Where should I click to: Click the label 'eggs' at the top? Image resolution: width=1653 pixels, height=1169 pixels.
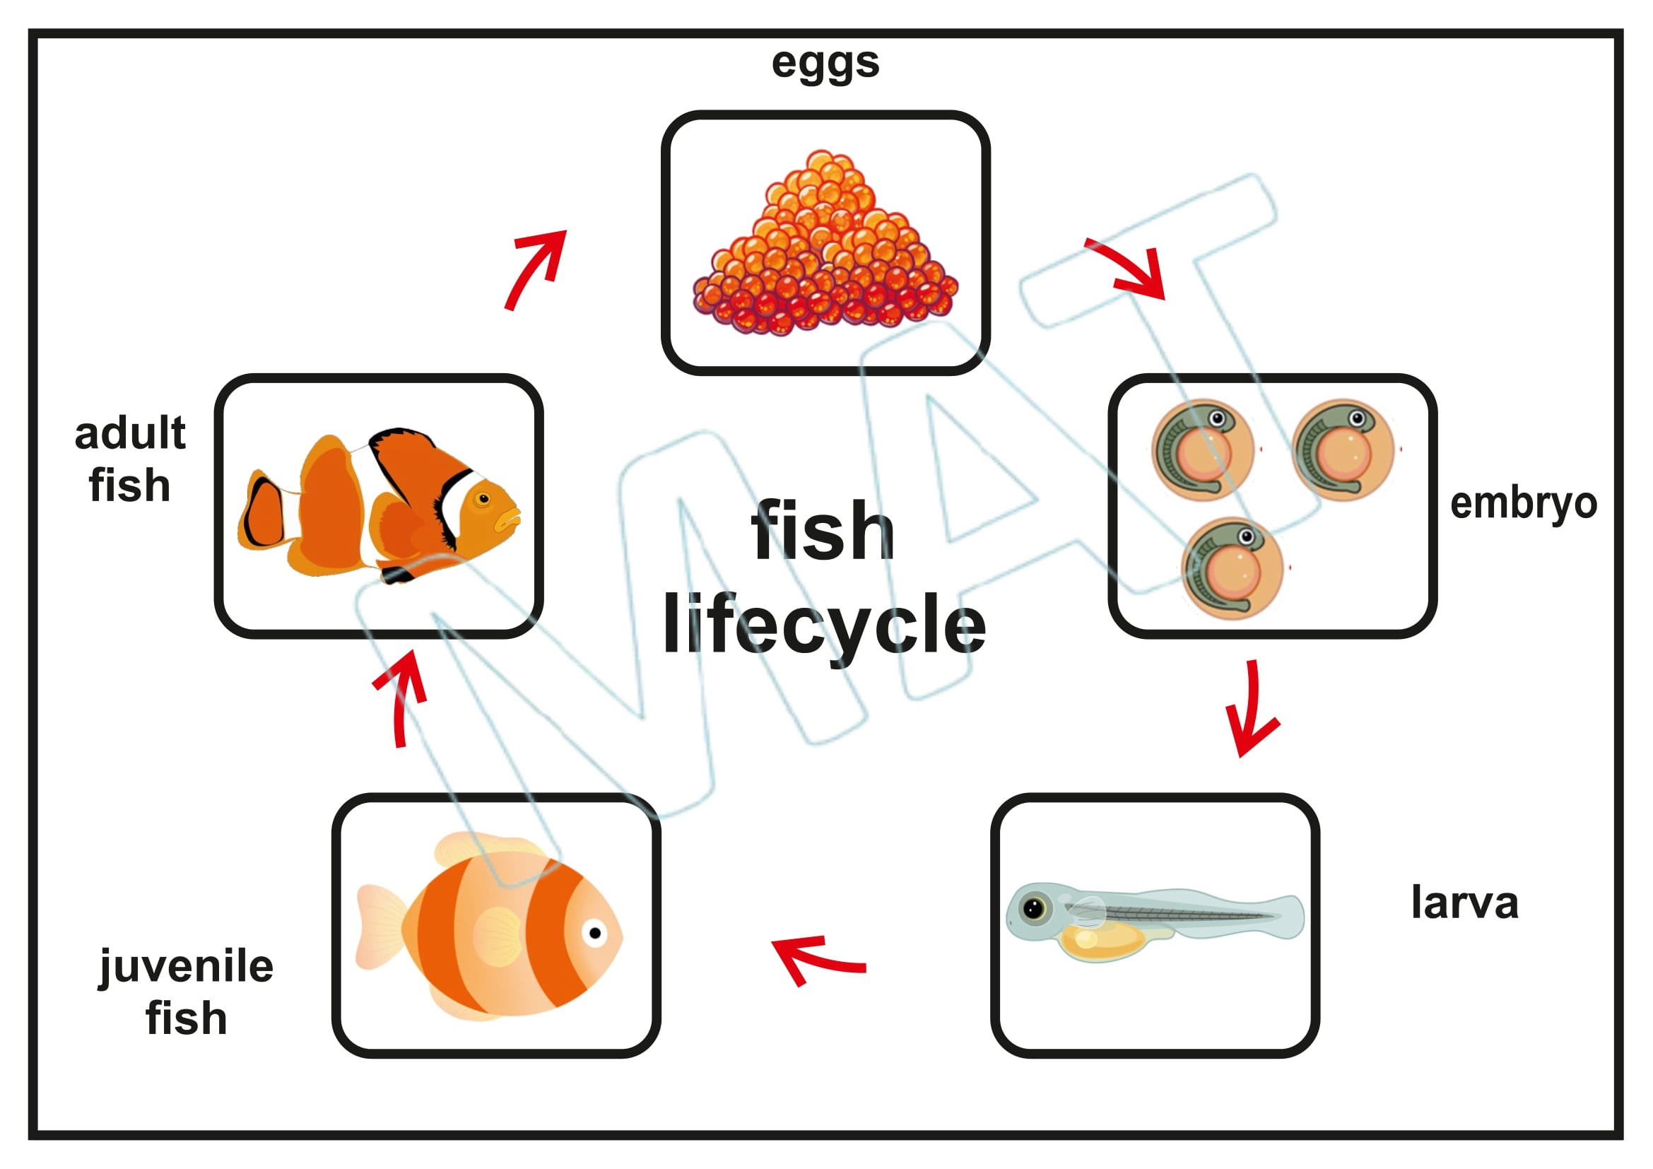point(825,64)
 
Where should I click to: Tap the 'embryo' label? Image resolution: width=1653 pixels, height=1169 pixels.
point(1523,504)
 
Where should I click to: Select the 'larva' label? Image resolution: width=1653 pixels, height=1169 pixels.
point(1464,903)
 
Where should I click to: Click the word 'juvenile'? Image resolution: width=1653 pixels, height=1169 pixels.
point(187,967)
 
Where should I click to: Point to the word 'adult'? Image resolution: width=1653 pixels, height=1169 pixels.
point(130,433)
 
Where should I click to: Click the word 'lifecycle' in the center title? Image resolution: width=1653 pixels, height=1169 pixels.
point(824,625)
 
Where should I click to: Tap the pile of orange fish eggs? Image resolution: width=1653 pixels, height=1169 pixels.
point(825,252)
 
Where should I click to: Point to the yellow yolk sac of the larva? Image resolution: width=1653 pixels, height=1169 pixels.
point(1102,939)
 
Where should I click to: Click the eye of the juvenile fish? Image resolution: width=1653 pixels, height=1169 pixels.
point(594,933)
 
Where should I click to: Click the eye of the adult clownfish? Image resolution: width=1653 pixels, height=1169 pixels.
point(483,498)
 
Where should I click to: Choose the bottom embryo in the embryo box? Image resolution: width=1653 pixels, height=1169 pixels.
point(1232,569)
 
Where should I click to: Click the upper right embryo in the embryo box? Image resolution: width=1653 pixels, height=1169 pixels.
point(1343,451)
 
